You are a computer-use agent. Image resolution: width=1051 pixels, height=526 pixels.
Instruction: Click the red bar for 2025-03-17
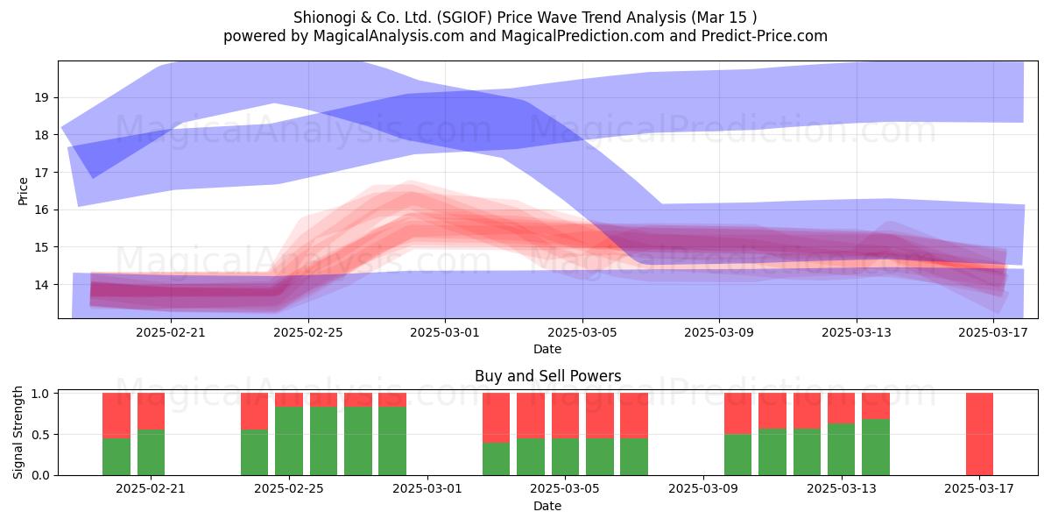979,434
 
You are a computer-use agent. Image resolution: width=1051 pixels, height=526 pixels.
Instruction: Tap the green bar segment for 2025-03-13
842,450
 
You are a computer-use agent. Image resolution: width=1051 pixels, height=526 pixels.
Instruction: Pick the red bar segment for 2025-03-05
566,416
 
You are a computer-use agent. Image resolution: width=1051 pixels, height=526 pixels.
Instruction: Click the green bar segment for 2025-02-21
151,452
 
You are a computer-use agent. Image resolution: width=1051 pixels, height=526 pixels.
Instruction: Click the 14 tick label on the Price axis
42,285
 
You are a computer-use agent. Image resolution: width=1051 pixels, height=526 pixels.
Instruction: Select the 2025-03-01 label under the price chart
445,332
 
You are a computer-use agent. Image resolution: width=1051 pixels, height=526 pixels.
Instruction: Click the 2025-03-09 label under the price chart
719,332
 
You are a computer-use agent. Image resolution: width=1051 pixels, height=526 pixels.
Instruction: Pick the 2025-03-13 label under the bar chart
842,489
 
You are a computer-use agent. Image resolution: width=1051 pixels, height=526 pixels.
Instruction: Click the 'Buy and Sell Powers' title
548,376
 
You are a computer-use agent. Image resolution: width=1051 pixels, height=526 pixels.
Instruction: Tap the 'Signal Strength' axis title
18,432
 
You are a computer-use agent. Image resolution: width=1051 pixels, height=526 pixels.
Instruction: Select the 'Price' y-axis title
23,191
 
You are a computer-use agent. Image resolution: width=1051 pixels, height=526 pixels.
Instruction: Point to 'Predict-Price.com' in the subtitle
765,36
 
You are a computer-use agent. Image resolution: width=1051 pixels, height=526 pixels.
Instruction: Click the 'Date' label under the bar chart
547,506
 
